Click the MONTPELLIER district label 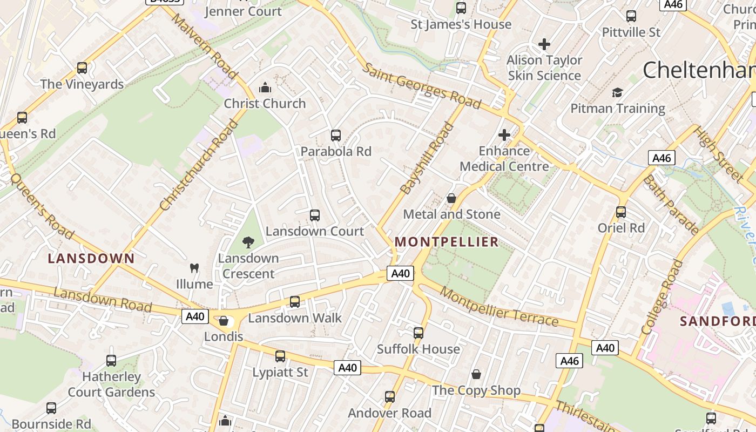click(447, 242)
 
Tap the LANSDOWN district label click(91, 259)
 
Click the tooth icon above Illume click(194, 268)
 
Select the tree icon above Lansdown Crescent click(248, 242)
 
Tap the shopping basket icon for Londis click(224, 321)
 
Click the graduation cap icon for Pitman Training click(617, 93)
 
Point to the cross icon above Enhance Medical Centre click(504, 135)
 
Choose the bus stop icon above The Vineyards click(82, 68)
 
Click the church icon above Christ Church click(265, 87)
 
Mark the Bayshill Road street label click(427, 158)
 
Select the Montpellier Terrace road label click(499, 306)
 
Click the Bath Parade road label click(671, 204)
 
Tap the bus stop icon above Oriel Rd click(621, 212)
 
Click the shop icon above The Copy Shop click(476, 374)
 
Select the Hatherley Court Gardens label click(111, 384)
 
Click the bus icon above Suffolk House click(418, 333)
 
